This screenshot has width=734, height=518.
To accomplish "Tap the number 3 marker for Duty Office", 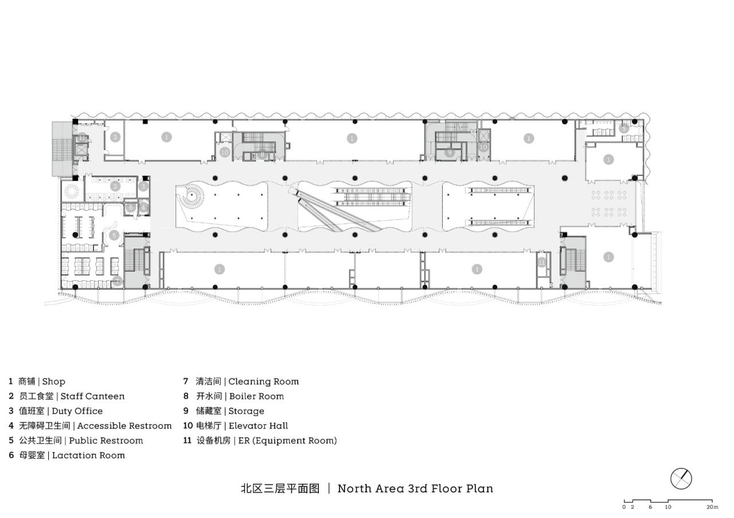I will tap(143, 186).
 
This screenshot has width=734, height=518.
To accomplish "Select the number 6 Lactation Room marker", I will tap(131, 207).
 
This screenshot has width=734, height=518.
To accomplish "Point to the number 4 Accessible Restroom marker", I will tap(143, 207).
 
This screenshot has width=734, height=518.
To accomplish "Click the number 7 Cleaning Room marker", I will tap(117, 281).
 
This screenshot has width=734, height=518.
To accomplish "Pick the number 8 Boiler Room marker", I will tap(263, 154).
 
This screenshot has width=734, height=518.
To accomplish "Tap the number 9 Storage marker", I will tap(450, 152).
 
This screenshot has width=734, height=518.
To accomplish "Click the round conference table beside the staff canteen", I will tap(73, 189).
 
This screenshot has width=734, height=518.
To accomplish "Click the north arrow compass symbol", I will tap(681, 478).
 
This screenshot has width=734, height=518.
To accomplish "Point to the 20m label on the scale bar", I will tap(712, 507).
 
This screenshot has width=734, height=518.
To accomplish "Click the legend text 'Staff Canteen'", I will tap(92, 396).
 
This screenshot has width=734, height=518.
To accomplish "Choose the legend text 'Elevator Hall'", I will tap(258, 426).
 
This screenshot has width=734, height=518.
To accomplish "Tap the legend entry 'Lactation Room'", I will tap(88, 456).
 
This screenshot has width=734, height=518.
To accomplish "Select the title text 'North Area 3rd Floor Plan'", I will tap(415, 488).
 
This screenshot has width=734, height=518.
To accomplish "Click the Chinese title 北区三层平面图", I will tap(279, 488).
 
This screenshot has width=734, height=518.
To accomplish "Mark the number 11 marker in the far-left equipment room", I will tap(83, 138).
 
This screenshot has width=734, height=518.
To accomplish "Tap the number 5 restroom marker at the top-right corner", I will tap(623, 129).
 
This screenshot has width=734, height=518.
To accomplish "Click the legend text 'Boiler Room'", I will tap(256, 396).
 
